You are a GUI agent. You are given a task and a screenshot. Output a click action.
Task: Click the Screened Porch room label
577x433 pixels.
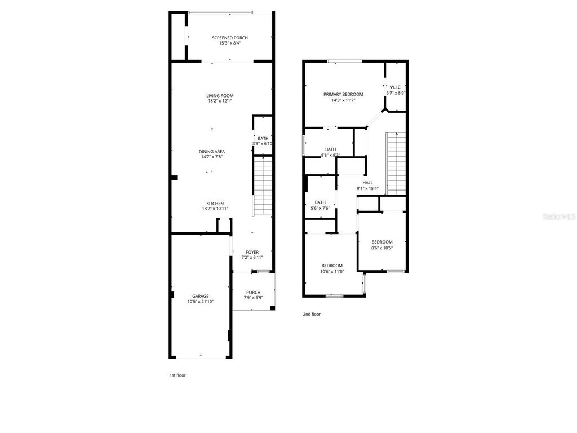click(229, 41)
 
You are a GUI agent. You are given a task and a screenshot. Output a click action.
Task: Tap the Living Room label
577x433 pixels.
click(220, 98)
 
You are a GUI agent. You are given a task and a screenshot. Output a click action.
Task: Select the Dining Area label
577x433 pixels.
click(212, 154)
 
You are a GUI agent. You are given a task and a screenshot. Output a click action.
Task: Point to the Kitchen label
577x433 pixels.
click(215, 206)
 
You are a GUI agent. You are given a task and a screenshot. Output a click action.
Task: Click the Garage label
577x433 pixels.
click(200, 299)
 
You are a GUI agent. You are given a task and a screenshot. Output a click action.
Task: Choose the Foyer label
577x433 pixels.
click(252, 255)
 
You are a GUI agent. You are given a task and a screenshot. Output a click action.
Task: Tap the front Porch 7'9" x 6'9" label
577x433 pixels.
click(253, 295)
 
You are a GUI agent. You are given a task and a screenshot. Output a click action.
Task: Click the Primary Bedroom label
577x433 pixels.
click(343, 97)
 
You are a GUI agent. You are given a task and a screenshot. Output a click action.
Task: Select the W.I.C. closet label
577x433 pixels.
click(395, 90)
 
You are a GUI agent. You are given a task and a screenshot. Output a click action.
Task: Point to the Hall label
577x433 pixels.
click(367, 185)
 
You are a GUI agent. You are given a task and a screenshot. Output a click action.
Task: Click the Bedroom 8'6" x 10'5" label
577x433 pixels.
click(381, 245)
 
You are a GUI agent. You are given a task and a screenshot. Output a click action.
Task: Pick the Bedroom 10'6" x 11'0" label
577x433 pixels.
click(332, 268)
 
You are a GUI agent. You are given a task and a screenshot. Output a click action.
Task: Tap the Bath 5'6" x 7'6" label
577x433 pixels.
click(320, 205)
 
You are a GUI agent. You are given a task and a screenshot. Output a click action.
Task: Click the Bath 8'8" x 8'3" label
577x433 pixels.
click(330, 152)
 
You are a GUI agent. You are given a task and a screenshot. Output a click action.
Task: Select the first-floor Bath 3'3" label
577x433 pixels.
click(263, 141)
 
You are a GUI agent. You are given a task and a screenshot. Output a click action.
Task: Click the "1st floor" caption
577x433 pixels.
click(177, 375)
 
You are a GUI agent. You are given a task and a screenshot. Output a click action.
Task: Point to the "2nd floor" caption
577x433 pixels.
click(312, 315)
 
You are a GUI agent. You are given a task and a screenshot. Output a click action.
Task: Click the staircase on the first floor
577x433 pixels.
click(262, 185)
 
